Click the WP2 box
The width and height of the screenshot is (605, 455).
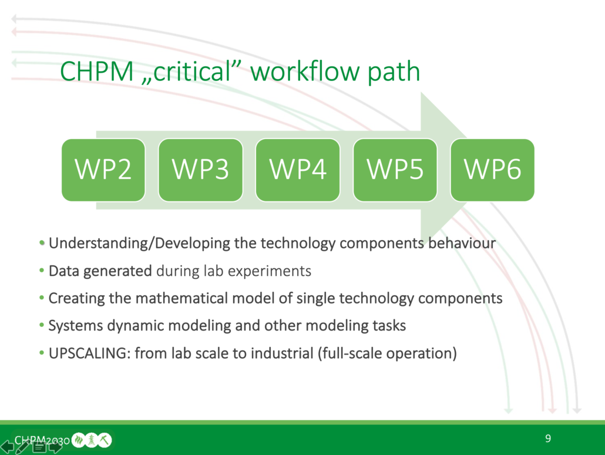[103, 170]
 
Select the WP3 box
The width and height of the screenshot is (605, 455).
[201, 170]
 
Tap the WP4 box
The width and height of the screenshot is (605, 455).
[298, 170]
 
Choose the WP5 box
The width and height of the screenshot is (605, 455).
[395, 170]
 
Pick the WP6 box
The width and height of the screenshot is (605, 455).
[493, 170]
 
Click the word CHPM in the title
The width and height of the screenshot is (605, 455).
[97, 72]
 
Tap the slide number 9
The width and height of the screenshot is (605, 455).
[548, 439]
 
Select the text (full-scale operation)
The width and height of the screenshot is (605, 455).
[388, 353]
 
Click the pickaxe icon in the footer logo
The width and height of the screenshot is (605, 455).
[105, 440]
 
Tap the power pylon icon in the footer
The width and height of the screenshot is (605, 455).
[92, 440]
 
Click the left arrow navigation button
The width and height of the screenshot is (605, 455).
[7, 447]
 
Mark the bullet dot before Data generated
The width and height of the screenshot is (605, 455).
[42, 271]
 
